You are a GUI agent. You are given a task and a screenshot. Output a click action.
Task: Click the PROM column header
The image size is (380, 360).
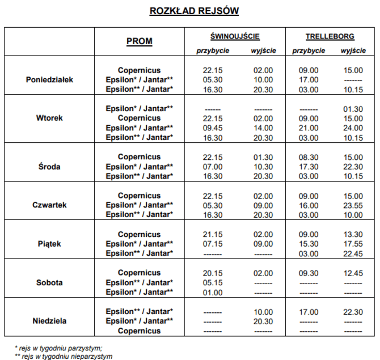(139, 41)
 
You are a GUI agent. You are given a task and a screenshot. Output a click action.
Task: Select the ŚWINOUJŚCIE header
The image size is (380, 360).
(234, 36)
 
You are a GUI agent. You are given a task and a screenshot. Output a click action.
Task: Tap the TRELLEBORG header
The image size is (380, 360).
(330, 36)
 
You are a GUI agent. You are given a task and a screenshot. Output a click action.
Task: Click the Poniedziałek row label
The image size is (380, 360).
(49, 80)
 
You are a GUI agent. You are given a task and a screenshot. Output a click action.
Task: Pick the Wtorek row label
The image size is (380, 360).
(49, 118)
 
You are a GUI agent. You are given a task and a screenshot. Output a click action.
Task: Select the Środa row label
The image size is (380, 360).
(49, 167)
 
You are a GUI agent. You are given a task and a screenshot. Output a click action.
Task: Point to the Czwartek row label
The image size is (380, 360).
(49, 205)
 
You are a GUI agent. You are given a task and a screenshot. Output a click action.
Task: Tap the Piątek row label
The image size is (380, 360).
(49, 244)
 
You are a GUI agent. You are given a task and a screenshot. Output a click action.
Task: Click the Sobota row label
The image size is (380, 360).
(49, 282)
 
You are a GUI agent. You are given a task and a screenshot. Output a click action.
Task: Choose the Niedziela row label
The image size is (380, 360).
(49, 321)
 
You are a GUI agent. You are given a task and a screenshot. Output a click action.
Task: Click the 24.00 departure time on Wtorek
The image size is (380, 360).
(353, 128)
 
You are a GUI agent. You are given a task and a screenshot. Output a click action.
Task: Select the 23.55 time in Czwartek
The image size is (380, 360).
(353, 205)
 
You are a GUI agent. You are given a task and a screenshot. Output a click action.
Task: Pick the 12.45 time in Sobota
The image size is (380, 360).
(353, 273)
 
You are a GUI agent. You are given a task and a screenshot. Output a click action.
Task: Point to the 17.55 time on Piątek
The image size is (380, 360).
(353, 244)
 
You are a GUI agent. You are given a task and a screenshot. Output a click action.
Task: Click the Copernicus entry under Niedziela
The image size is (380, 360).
(139, 331)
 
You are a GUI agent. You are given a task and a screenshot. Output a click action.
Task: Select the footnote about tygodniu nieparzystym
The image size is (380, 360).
(63, 356)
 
